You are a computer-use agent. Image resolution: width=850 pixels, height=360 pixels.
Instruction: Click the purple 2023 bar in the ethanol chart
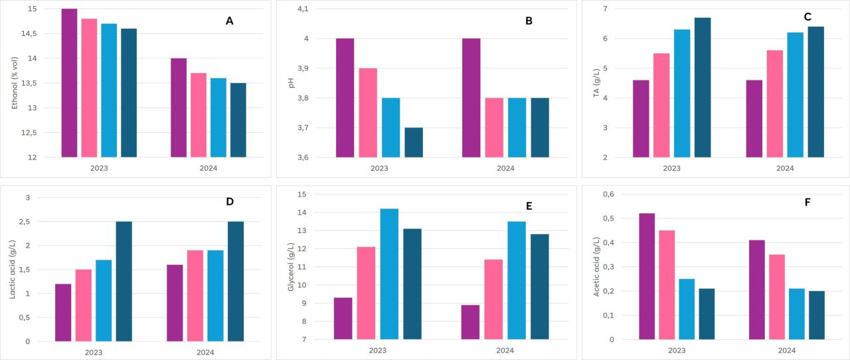point(69,83)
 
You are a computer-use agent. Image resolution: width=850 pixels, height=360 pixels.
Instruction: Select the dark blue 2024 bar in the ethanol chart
point(238,120)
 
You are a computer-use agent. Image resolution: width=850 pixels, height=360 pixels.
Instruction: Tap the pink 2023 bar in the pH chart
point(368,113)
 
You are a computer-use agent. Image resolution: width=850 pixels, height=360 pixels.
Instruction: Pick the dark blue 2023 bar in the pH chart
point(414,142)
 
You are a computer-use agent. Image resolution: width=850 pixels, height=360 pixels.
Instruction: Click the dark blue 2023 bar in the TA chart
point(703,87)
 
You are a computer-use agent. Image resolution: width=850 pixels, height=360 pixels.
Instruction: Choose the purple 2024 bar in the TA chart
point(754,118)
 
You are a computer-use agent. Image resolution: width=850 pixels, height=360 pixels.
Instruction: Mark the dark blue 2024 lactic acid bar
point(236,282)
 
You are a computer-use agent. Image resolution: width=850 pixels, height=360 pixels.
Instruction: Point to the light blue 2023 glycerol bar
point(389,274)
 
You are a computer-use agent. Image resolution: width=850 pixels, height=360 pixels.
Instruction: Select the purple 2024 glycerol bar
point(470,322)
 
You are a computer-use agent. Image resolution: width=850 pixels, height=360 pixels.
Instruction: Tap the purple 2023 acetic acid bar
point(647,276)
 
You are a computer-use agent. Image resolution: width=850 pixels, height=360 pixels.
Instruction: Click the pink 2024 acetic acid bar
point(777,297)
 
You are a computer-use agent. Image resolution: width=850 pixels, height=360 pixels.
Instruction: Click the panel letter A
point(229,21)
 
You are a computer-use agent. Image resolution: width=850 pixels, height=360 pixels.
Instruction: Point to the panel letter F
point(807,203)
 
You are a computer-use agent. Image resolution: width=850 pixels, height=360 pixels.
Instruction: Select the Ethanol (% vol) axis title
point(15,83)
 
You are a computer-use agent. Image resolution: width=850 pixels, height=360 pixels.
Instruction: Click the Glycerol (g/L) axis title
point(291,266)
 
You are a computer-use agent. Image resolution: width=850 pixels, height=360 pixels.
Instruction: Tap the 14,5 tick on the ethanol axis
point(29,33)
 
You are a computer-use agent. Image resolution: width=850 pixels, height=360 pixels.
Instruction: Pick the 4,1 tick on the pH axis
point(303,9)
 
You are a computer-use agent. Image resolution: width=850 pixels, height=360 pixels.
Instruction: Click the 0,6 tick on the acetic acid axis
point(608,194)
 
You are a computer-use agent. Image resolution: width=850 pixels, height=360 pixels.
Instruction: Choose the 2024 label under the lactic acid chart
point(205,353)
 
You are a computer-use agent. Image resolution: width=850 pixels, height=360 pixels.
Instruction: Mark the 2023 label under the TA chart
point(671,168)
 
